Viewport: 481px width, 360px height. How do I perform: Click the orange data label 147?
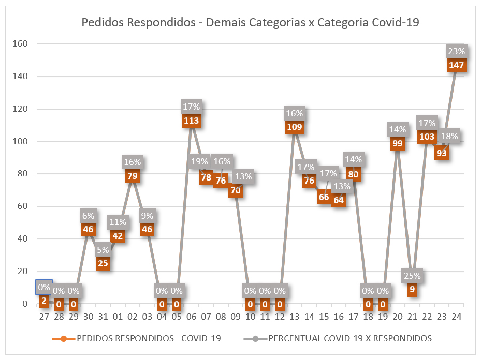(457, 66)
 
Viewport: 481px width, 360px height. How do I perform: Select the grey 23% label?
(457, 52)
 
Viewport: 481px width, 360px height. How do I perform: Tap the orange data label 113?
(191, 121)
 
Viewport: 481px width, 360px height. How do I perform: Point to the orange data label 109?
(294, 127)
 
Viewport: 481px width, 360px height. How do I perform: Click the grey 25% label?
(412, 276)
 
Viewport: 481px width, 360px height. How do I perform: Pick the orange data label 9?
(412, 290)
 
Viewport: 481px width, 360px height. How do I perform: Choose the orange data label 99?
(398, 144)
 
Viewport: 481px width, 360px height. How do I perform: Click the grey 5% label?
(103, 250)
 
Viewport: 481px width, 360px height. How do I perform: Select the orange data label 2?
(44, 301)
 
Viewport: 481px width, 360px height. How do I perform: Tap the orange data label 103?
(427, 137)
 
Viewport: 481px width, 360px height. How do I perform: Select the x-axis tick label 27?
(44, 316)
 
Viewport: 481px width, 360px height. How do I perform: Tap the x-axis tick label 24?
(457, 316)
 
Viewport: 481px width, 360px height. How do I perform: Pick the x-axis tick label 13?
(294, 316)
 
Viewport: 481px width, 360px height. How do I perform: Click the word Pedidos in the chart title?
(101, 22)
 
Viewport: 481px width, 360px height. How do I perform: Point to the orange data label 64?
(339, 201)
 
